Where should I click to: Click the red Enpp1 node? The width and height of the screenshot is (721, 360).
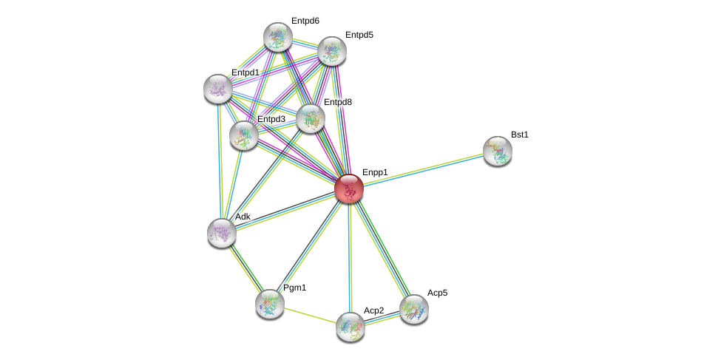[x=348, y=188]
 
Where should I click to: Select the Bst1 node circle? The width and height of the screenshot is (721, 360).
[x=498, y=151]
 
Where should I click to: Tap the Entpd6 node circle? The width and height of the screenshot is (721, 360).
[x=278, y=37]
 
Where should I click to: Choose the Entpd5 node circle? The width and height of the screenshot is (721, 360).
[x=332, y=50]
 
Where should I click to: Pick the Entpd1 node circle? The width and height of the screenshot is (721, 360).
[x=218, y=89]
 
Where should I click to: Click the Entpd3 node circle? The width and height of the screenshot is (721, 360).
[x=243, y=135]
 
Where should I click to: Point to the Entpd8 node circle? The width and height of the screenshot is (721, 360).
[x=311, y=118]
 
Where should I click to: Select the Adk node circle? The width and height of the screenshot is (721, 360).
[x=221, y=232]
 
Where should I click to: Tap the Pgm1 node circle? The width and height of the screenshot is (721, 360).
[x=269, y=303]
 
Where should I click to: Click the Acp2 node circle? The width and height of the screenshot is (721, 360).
[x=350, y=326]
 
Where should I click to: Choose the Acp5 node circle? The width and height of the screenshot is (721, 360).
[x=413, y=308]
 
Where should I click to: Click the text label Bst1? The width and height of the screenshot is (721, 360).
[x=520, y=135]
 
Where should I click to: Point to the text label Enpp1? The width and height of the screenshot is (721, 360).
[x=375, y=172]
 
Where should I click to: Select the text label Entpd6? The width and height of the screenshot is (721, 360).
[x=305, y=21]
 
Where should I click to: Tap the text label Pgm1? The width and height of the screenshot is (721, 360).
[x=294, y=287]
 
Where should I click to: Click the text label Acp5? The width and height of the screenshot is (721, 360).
[x=437, y=293]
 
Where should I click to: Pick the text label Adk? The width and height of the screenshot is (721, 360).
[x=243, y=217]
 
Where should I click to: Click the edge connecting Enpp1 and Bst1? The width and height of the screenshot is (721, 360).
[x=423, y=169]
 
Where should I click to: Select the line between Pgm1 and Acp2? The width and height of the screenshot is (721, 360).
[x=309, y=314]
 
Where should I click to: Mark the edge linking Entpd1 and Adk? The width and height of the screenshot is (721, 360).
[x=220, y=160]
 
